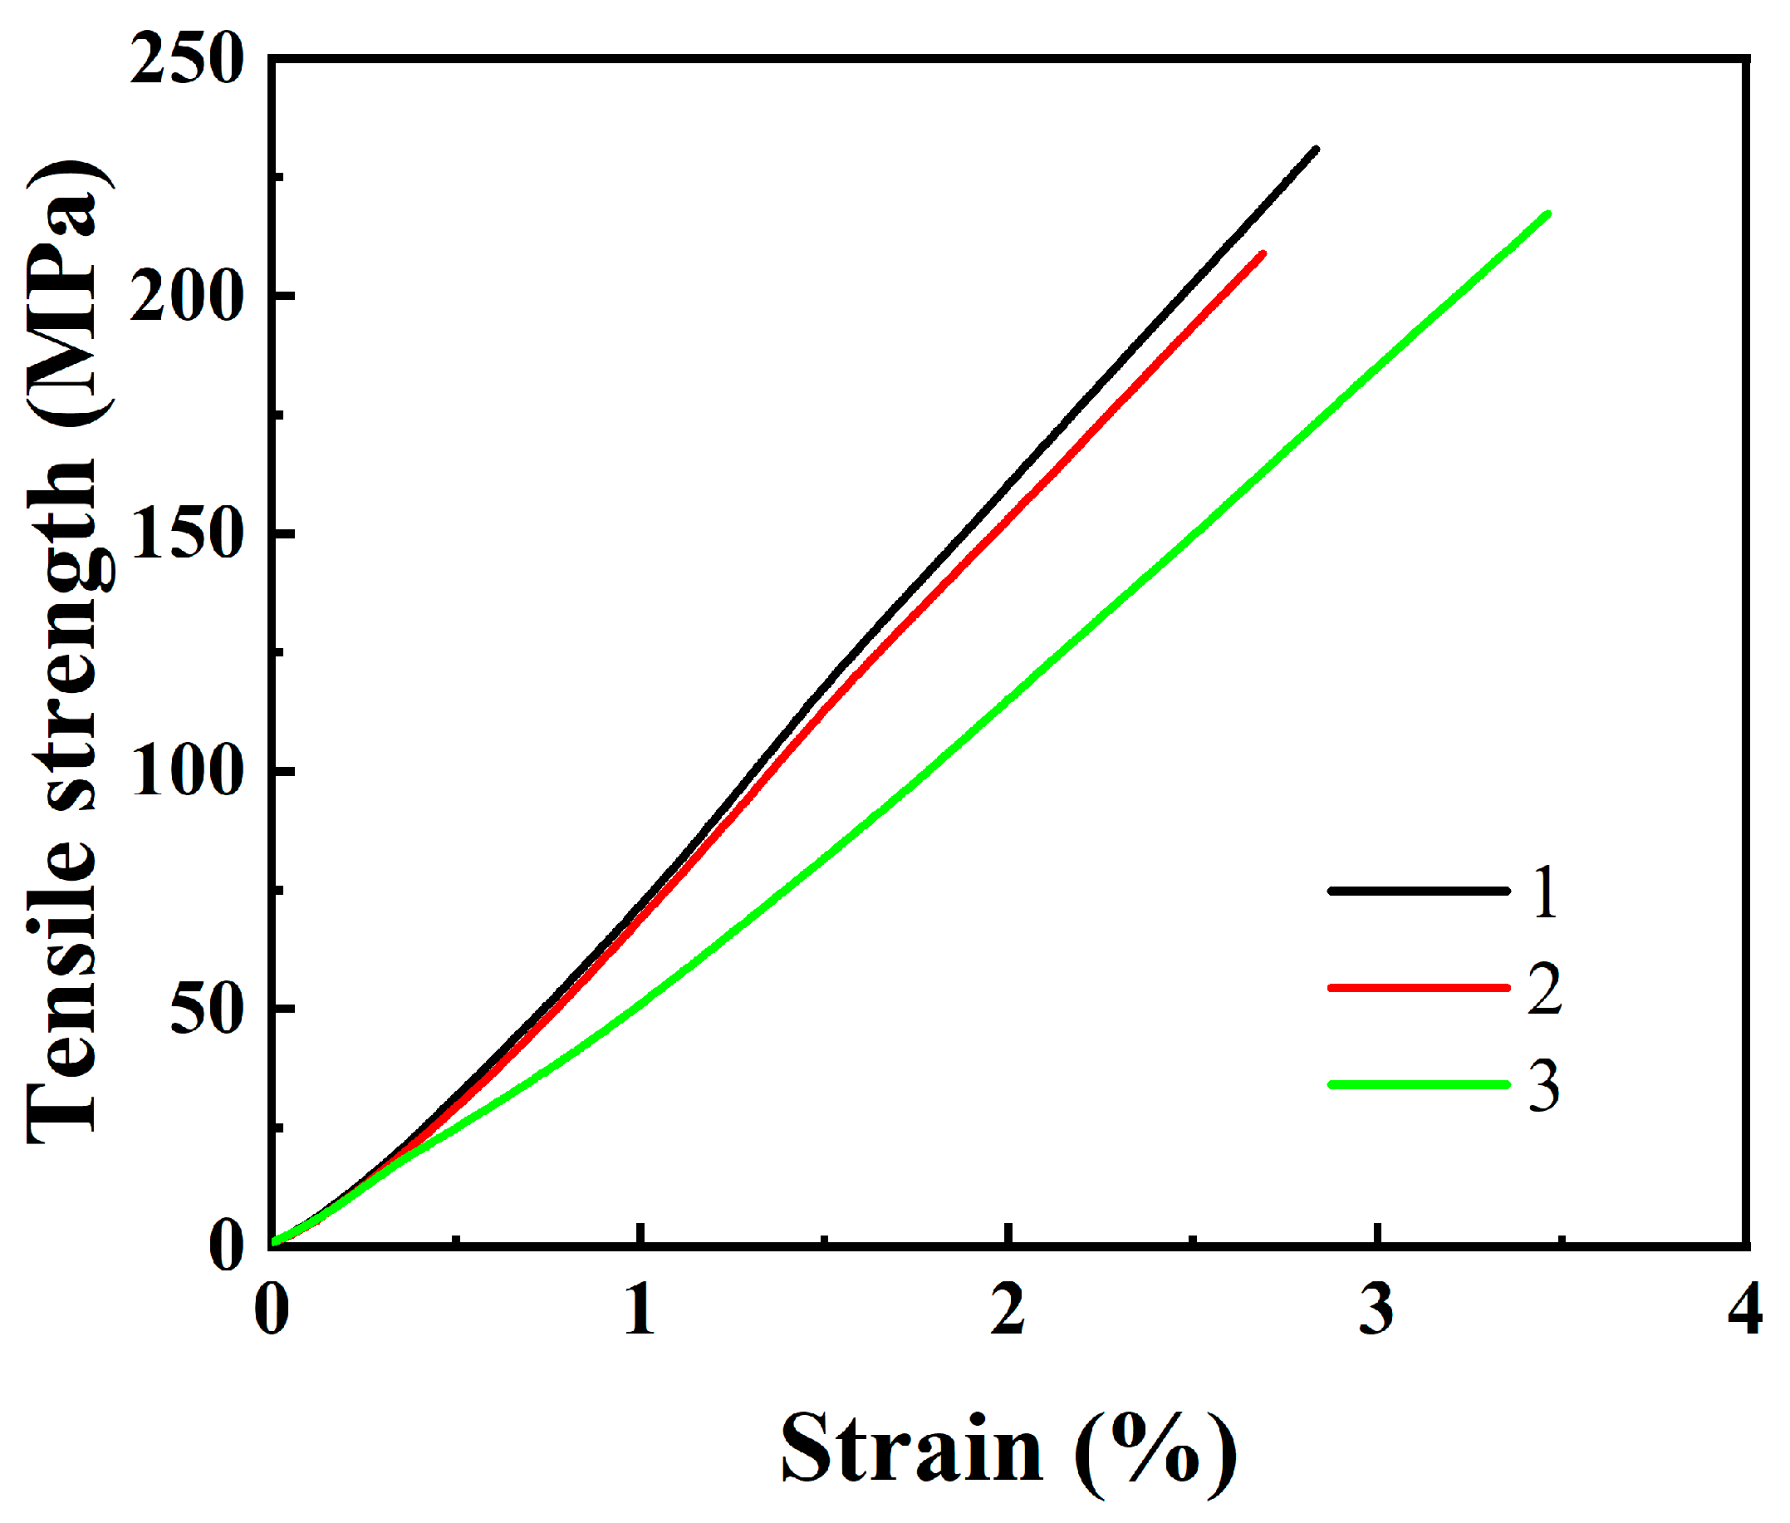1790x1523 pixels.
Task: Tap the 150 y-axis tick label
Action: tap(184, 536)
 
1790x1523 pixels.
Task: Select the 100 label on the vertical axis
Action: tap(184, 773)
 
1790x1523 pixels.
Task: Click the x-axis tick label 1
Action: tap(640, 1309)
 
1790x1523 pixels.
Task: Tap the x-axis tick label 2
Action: tap(1008, 1309)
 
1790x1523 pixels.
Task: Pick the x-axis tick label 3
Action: tap(1376, 1309)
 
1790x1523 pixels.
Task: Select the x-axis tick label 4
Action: tap(1744, 1309)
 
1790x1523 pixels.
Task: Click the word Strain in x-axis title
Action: tap(911, 1449)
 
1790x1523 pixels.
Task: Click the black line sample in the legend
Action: tap(1418, 890)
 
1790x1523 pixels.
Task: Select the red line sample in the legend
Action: tap(1418, 987)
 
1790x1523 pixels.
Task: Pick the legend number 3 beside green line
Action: tap(1544, 1086)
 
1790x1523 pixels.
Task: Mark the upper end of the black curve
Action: tap(1316, 150)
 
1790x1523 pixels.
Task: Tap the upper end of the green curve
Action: tap(1547, 214)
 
